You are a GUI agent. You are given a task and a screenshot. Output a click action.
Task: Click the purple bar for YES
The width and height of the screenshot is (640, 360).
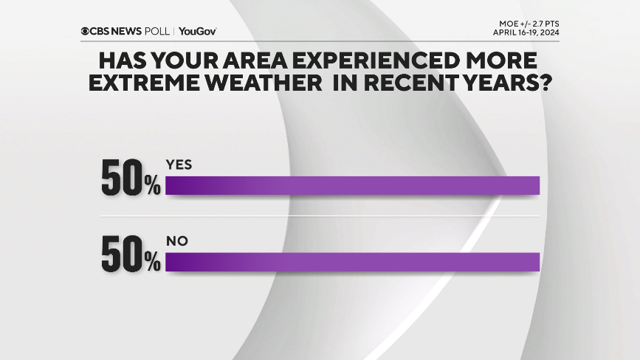point(353,186)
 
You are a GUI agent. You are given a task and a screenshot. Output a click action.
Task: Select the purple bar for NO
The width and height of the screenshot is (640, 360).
point(353,262)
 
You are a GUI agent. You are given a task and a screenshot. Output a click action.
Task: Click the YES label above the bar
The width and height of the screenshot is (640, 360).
point(179,165)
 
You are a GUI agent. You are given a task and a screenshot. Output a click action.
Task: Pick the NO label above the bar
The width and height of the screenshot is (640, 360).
point(176,241)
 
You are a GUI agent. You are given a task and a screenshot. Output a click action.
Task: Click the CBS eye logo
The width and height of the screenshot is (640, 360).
point(86,31)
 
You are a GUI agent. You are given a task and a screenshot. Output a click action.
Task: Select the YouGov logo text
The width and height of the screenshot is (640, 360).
point(197,31)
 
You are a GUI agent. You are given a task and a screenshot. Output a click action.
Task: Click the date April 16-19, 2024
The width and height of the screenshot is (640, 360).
point(526,32)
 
